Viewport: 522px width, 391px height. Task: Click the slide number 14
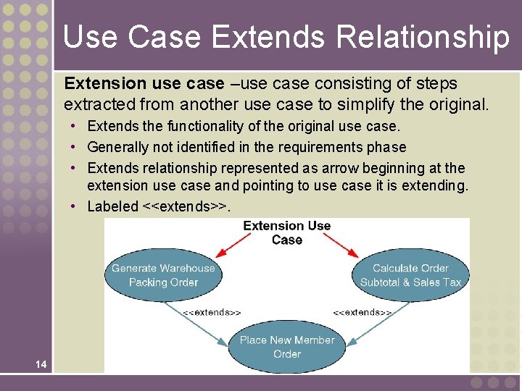coord(41,364)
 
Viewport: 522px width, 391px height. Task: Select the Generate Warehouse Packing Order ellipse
coord(163,275)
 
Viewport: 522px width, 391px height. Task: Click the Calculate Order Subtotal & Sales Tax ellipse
coord(410,275)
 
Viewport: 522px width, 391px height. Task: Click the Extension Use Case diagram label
coord(286,232)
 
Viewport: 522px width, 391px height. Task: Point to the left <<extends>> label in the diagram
coord(212,312)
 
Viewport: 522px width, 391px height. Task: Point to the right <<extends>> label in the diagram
coord(362,312)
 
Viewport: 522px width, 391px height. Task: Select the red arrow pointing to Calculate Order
coord(344,246)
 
